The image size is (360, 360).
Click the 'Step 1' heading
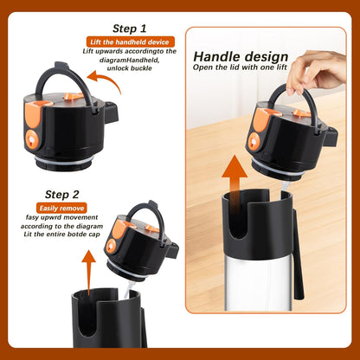tap(130, 29)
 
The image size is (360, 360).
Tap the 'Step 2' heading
tap(61, 195)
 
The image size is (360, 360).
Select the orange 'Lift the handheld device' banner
tap(131, 42)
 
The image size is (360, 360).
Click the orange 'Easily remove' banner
tap(61, 208)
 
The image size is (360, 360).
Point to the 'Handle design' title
tap(241, 56)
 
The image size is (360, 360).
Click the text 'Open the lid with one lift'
tap(240, 67)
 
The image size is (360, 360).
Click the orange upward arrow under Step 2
tap(88, 272)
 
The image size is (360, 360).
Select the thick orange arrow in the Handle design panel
tap(235, 188)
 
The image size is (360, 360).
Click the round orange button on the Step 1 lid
tap(32, 139)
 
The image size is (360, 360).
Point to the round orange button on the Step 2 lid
tap(111, 246)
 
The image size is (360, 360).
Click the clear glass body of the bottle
tap(258, 284)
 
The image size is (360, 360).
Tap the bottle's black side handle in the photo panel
tap(299, 254)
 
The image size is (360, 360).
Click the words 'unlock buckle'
tap(129, 68)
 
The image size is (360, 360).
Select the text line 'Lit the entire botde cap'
tap(61, 234)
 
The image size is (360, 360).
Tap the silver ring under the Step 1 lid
tap(64, 161)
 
